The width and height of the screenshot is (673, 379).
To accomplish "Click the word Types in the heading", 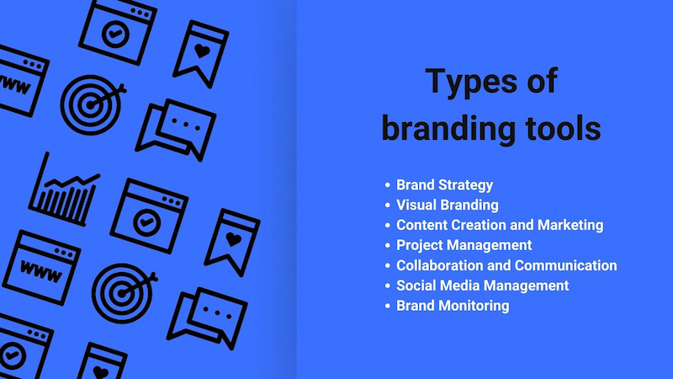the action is click(471, 82).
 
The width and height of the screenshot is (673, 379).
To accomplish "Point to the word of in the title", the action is click(542, 80).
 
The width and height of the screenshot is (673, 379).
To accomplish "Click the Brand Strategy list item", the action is click(444, 185).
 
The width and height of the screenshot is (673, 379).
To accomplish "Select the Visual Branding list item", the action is click(448, 205).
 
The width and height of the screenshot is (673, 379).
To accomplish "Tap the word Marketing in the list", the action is click(570, 225).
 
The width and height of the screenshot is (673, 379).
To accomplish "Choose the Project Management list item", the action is click(464, 245).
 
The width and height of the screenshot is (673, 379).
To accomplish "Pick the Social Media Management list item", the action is click(482, 286).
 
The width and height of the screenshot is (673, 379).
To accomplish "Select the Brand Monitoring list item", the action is click(453, 306).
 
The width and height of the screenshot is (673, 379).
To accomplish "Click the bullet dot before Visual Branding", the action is click(388, 206).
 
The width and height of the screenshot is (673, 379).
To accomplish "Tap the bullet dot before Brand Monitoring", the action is click(388, 306).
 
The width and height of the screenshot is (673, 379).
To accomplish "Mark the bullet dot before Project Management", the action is click(388, 245).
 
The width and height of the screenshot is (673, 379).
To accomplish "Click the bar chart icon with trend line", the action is click(65, 189).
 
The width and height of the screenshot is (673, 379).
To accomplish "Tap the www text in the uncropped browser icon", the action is click(40, 271).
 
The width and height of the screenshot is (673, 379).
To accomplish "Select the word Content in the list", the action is click(422, 225).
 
